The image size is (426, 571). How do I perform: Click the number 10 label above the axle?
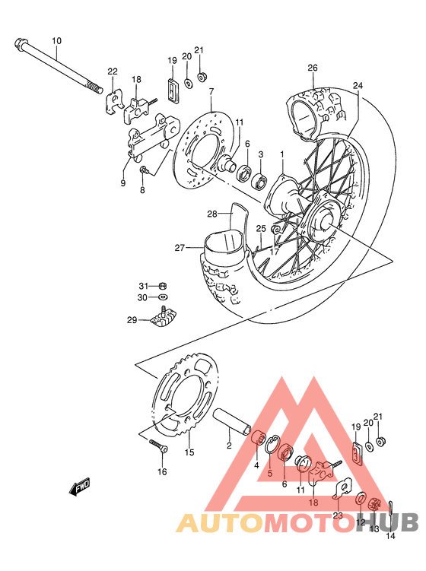click(x=56, y=40)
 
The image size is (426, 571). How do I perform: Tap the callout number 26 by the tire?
click(x=312, y=68)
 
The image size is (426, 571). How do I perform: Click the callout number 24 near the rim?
click(x=358, y=86)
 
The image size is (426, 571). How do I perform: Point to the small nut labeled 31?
click(x=164, y=285)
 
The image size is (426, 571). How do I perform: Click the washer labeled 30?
click(x=164, y=297)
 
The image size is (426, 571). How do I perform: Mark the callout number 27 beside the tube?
click(x=180, y=247)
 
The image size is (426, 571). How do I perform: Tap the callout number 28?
click(x=212, y=214)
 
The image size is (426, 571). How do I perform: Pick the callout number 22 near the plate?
click(x=113, y=71)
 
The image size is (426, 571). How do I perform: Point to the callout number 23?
click(x=337, y=515)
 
